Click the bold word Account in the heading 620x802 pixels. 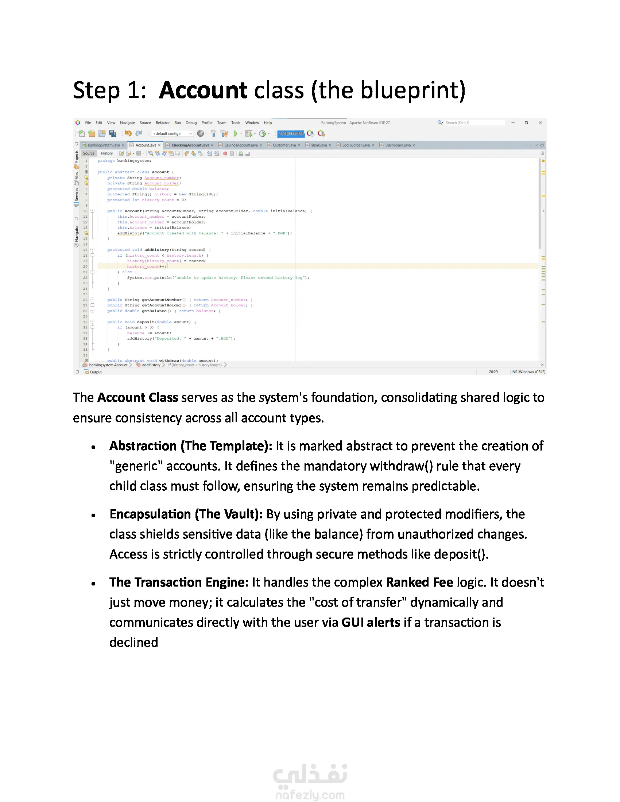click(203, 90)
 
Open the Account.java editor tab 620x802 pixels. click(146, 145)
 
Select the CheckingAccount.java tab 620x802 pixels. click(190, 145)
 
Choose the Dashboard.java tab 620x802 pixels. click(398, 145)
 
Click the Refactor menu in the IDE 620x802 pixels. click(162, 122)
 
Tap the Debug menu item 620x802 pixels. click(191, 122)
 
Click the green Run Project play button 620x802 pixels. click(236, 134)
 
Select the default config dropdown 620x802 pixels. click(172, 134)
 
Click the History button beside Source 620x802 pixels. click(107, 153)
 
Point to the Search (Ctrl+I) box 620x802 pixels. click(474, 122)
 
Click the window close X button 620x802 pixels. click(540, 122)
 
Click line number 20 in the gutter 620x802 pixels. click(85, 266)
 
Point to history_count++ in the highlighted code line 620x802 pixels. click(147, 266)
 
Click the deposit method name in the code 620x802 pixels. click(146, 322)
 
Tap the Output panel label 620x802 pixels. click(96, 372)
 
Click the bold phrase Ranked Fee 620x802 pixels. click(419, 583)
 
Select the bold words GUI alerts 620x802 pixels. click(370, 622)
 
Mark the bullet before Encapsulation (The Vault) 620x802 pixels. click(94, 515)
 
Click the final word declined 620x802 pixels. click(134, 643)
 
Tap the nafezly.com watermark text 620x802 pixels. click(310, 795)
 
